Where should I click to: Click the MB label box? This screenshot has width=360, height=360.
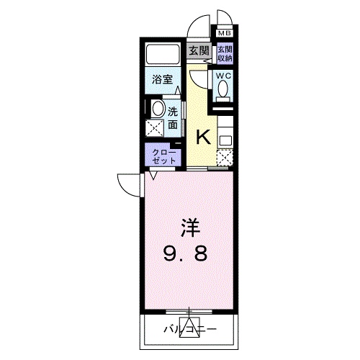click(225, 33)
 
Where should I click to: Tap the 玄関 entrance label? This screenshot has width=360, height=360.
click(199, 50)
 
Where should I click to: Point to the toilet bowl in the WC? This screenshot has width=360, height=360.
click(223, 89)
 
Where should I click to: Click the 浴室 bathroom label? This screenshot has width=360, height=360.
click(161, 79)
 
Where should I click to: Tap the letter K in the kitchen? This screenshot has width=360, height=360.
click(204, 136)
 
